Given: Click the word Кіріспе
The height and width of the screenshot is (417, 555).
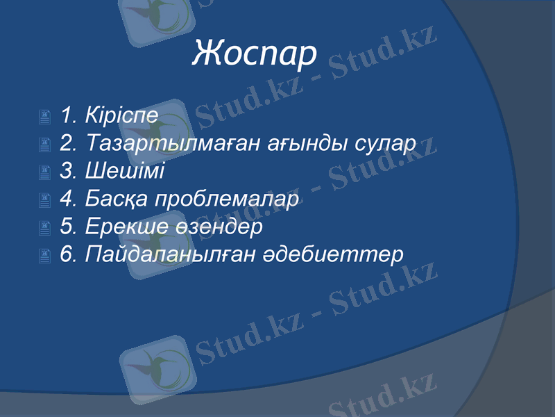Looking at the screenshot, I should coord(122,115).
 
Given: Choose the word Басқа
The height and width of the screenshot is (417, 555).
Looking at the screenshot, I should coord(116,199).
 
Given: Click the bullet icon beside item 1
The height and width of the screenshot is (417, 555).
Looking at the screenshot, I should coord(45,117).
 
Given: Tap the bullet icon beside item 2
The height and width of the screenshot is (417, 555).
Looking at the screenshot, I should coord(45,145).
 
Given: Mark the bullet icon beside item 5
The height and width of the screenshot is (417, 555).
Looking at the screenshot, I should coord(45,229).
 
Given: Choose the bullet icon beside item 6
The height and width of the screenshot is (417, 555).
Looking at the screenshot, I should coord(45,256).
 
